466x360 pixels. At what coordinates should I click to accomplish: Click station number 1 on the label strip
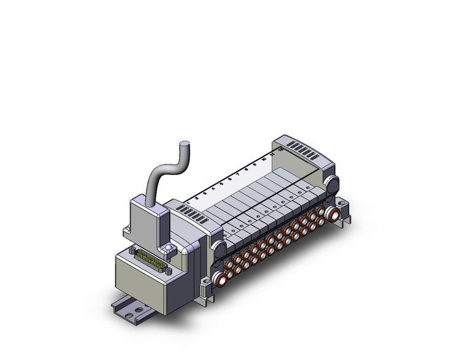[188, 201]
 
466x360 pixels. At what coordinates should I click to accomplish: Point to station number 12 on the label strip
[280, 148]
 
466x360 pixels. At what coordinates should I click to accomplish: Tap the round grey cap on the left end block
[218, 248]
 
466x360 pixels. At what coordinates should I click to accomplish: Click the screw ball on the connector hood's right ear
[167, 248]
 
